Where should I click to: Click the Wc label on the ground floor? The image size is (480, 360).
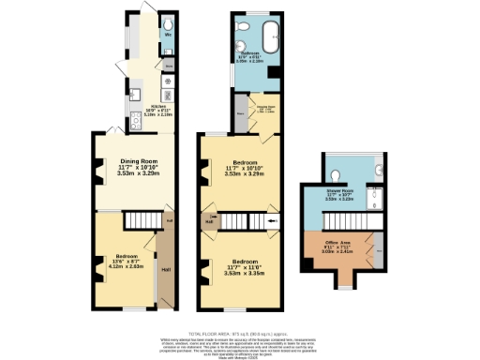168,35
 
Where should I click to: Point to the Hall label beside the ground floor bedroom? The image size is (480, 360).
165,271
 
